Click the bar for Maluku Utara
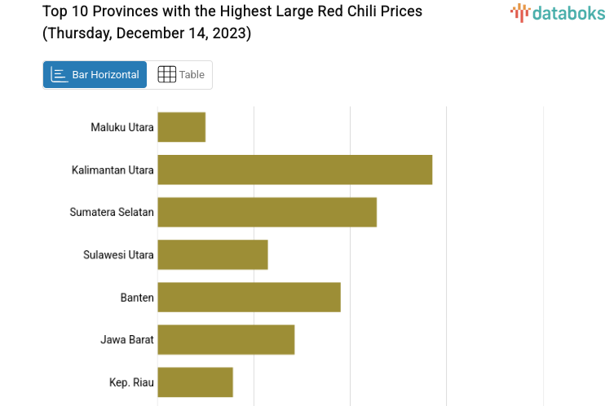(181, 127)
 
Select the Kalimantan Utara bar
(294, 170)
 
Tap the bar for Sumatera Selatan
(267, 212)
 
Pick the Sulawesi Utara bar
(212, 254)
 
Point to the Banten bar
(249, 297)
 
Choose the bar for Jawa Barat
(226, 339)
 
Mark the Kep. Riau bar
(195, 382)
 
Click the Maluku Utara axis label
(122, 127)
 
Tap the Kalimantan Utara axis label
(113, 170)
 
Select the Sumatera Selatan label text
(112, 212)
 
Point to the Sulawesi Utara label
(118, 254)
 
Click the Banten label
(137, 297)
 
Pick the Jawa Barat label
(127, 339)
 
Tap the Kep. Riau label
(131, 382)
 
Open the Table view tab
(180, 75)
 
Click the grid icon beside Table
(166, 75)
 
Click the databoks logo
(558, 12)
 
